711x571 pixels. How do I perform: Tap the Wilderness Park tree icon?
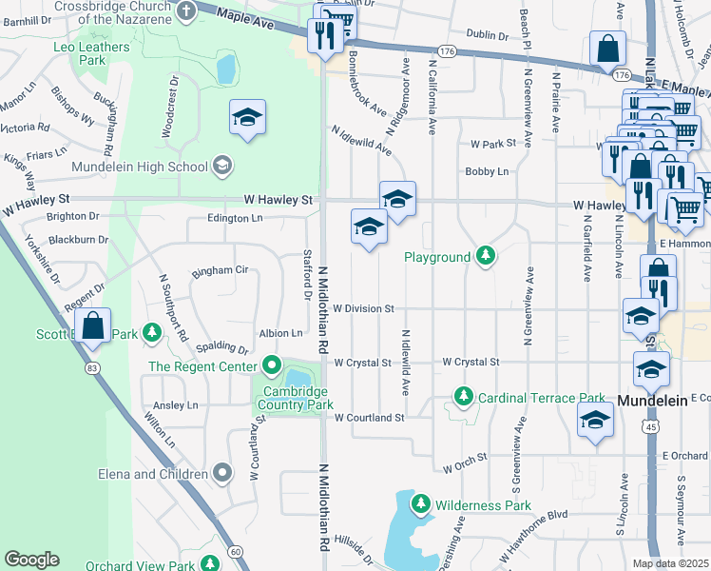point(419,503)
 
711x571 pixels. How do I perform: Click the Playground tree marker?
point(486,256)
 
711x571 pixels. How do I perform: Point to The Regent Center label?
point(202,366)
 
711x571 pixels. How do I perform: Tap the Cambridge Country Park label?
point(295,398)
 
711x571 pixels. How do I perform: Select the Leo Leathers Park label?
point(92,53)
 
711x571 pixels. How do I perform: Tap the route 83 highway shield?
point(91,367)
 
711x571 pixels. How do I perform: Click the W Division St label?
point(363,308)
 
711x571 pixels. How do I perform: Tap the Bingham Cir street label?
point(220,270)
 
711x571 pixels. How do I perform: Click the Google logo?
point(31,560)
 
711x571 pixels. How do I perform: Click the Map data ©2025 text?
point(669,563)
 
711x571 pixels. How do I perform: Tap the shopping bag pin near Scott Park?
point(93,326)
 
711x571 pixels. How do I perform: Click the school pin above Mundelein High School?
point(247,118)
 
